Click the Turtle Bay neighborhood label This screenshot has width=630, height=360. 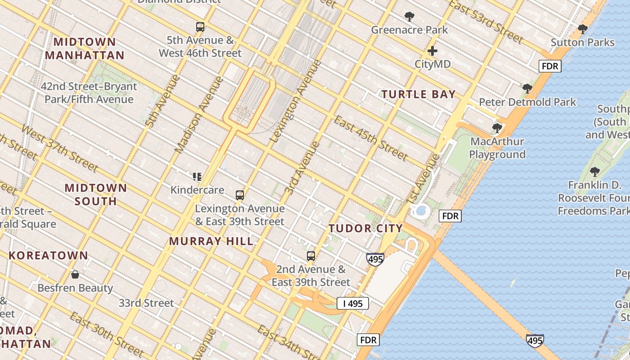tap(418, 94)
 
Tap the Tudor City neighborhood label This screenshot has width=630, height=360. tap(365, 228)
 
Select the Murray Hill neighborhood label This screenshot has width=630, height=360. tap(211, 241)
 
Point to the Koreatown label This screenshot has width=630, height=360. tap(48, 256)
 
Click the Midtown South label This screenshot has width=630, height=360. tap(95, 194)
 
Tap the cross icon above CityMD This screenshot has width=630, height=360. tap(432, 51)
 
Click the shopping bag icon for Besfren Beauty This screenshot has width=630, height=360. tap(75, 274)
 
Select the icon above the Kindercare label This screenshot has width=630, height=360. tap(197, 176)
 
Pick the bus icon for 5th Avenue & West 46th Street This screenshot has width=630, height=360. tap(200, 27)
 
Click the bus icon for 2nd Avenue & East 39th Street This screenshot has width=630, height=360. tap(310, 256)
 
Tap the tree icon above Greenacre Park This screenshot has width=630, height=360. tap(409, 17)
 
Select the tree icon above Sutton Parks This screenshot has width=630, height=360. tap(583, 30)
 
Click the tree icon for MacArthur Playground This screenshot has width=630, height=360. tap(497, 128)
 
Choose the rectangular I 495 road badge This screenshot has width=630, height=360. tap(353, 303)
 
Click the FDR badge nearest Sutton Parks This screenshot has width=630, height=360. tap(550, 66)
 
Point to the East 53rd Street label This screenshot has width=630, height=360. tap(486, 22)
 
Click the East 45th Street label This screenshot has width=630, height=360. tap(370, 138)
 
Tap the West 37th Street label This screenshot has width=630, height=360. tap(59, 148)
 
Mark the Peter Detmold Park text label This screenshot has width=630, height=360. tap(527, 102)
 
